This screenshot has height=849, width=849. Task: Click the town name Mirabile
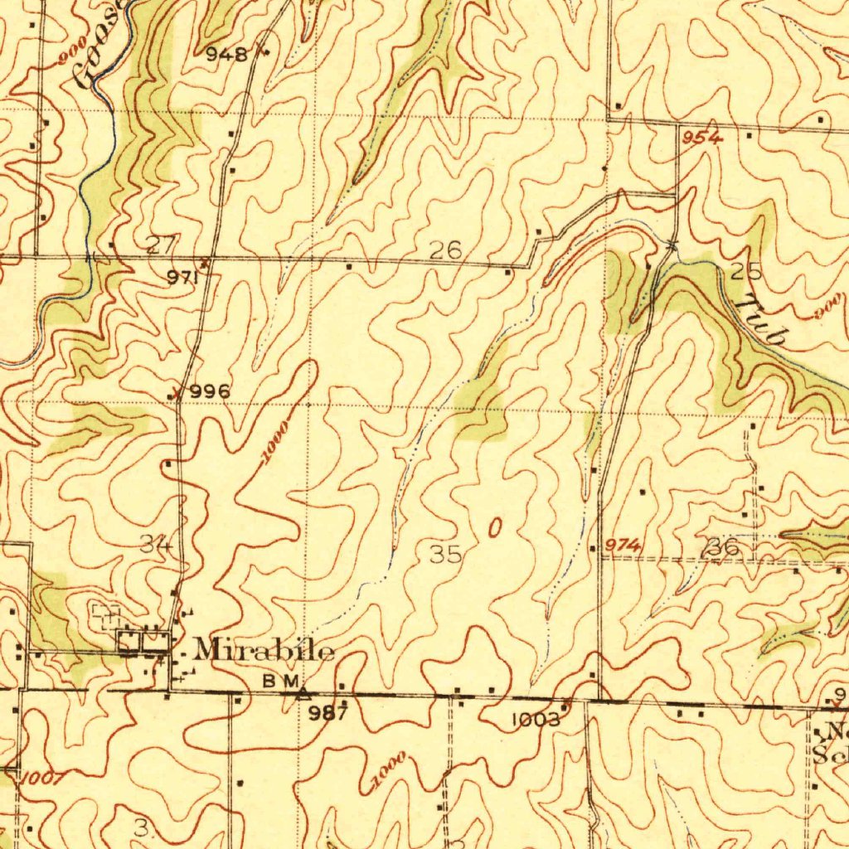point(264,650)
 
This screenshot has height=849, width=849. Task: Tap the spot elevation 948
point(226,56)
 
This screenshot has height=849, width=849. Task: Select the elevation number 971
point(182,279)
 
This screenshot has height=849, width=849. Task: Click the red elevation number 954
point(703,138)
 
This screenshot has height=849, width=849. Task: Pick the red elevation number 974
point(622,544)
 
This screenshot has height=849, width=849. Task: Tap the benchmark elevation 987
point(328,713)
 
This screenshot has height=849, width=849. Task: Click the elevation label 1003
point(536,720)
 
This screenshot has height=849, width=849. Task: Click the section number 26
point(445,250)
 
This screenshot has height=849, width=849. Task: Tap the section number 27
point(161,245)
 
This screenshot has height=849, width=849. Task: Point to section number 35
point(445,555)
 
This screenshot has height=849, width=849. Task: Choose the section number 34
point(155,545)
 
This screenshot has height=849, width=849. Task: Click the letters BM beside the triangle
point(279,680)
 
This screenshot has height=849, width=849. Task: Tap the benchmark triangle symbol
point(304,691)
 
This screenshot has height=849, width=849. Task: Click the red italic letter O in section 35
point(495,528)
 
